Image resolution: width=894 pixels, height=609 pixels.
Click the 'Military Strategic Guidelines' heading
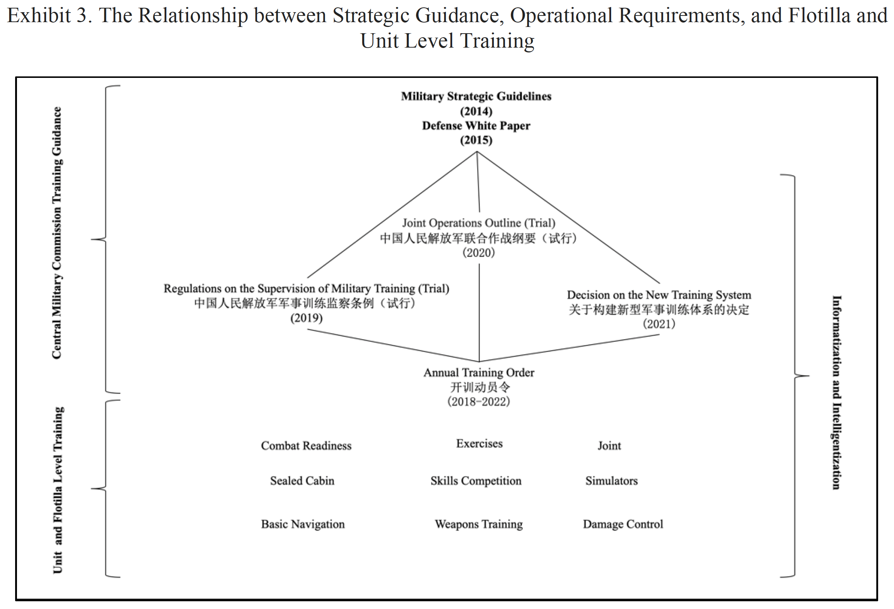coord(476,96)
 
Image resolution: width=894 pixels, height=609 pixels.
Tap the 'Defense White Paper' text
coord(476,125)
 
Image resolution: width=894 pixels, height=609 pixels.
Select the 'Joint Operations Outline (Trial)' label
coord(479,223)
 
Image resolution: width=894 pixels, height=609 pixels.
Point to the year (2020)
coord(479,252)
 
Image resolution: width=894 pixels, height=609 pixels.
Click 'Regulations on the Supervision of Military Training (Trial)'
coord(306,288)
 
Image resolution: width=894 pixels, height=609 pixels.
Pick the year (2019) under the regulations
coord(306,318)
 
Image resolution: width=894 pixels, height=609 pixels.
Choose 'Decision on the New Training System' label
coord(659,295)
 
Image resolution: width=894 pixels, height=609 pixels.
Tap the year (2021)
coord(659,324)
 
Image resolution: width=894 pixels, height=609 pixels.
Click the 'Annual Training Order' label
coord(479,373)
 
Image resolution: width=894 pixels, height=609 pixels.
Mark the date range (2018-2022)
coord(479,402)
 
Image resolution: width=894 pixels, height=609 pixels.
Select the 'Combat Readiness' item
coord(306,446)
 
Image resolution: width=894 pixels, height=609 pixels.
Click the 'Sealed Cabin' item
coord(302,481)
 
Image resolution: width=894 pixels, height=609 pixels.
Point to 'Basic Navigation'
coord(303,524)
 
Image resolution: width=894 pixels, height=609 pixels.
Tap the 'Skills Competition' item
coord(476,481)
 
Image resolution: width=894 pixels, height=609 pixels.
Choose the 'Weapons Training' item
coord(479,524)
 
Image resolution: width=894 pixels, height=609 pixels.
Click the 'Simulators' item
coord(611,481)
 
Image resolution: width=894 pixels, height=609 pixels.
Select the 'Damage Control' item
coord(623,524)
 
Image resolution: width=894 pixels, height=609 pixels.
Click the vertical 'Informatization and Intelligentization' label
coord(836,392)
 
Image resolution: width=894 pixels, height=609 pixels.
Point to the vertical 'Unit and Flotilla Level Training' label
coord(58,490)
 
